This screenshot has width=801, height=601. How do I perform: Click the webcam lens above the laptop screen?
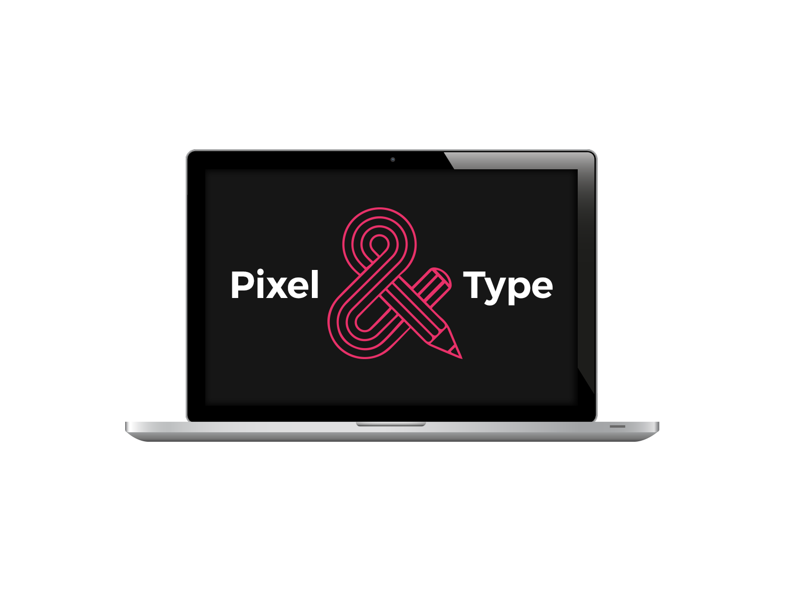392,159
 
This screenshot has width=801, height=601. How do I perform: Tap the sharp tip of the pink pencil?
462,358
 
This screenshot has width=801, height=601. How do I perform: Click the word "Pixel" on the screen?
275,284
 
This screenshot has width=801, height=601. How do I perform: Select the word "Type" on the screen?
508,287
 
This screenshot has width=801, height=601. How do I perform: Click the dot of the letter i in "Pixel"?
260,271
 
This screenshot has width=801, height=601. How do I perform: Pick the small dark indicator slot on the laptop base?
617,426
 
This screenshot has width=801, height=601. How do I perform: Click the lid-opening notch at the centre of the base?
391,424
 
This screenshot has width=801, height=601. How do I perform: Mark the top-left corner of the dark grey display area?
205,169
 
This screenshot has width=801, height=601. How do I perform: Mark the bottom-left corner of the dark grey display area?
205,405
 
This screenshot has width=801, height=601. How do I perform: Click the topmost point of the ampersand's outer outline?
379,208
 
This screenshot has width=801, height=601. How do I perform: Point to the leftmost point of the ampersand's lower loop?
328,322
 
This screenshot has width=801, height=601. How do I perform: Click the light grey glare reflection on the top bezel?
518,161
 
